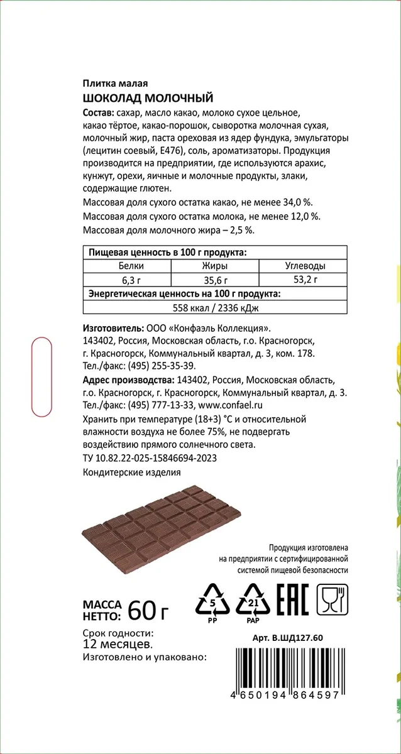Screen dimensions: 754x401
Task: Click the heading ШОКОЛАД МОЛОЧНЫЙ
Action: (148, 98)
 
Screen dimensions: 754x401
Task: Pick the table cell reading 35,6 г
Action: (216, 280)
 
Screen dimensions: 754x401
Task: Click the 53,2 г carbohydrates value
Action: (305, 280)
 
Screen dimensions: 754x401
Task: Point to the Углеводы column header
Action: (305, 266)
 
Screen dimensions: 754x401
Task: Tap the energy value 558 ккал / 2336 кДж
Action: (216, 307)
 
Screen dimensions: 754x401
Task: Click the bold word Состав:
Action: (99, 112)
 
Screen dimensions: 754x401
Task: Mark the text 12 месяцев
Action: (116, 644)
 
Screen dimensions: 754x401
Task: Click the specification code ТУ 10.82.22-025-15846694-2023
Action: (150, 458)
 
